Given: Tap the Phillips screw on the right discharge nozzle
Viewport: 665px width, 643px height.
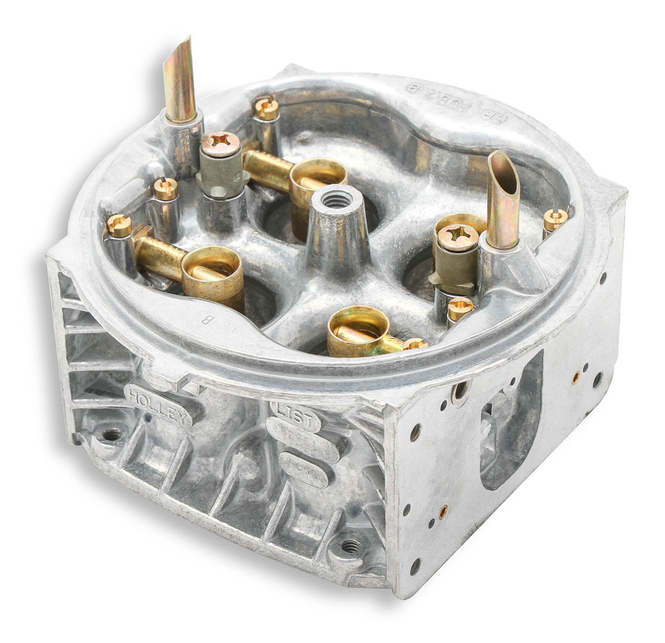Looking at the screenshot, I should tap(457, 237).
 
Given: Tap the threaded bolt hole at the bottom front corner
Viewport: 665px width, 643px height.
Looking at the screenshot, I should tap(350, 546).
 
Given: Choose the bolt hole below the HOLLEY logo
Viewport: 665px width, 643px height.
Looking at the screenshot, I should tap(112, 435).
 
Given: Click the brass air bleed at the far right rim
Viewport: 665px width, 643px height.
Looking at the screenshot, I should tap(555, 219).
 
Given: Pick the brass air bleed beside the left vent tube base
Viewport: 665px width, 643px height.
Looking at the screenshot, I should tap(165, 188).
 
